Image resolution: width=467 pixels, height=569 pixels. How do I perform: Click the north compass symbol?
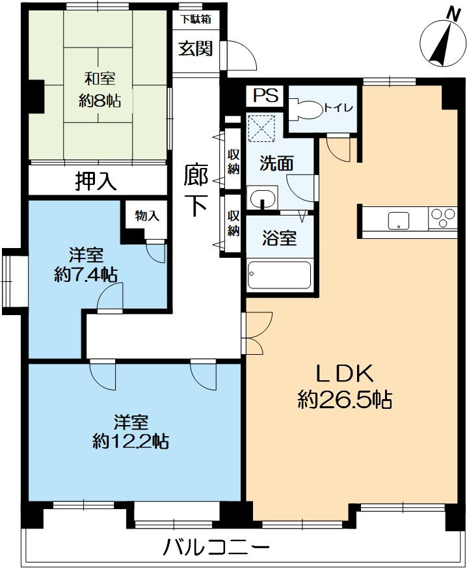click(442, 43)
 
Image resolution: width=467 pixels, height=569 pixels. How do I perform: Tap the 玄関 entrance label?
click(195, 48)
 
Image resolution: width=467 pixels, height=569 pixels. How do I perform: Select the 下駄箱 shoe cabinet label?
click(195, 19)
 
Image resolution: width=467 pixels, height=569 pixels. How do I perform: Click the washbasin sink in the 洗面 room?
click(261, 198)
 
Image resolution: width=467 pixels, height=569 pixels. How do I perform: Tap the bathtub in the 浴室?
click(280, 275)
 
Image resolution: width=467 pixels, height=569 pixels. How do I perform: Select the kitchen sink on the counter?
click(399, 221)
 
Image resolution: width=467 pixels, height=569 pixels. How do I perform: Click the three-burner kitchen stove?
click(442, 217)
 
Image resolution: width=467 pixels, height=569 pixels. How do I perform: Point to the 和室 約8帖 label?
click(100, 89)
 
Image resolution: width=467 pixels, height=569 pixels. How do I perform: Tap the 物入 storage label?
click(147, 215)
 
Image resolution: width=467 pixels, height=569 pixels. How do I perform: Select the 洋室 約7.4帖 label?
click(86, 265)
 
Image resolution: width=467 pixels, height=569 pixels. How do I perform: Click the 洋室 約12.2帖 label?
click(130, 432)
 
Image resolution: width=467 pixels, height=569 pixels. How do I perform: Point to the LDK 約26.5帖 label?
click(345, 387)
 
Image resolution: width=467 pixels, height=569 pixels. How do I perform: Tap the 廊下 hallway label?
click(195, 191)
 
